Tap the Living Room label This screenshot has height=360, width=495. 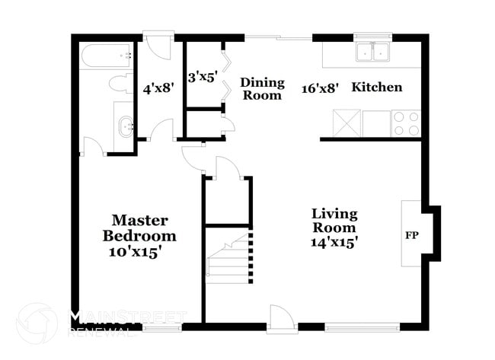[x=334, y=220]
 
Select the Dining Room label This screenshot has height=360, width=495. [x=262, y=88]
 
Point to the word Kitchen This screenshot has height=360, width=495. [x=377, y=87]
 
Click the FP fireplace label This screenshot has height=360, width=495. [x=412, y=235]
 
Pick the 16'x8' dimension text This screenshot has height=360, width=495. [x=320, y=88]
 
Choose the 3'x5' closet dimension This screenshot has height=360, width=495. [x=203, y=77]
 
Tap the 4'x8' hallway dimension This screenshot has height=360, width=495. [x=158, y=88]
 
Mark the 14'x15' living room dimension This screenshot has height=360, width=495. [x=334, y=242]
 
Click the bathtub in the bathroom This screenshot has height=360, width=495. [x=106, y=56]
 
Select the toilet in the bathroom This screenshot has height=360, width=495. [x=121, y=83]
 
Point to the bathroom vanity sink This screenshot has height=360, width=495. [x=126, y=127]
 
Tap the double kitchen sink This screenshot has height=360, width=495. [x=373, y=52]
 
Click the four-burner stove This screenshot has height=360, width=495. [x=406, y=123]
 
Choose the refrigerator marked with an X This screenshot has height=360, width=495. [x=346, y=123]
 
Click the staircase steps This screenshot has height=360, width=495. [x=228, y=259]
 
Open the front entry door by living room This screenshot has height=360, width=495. [x=282, y=319]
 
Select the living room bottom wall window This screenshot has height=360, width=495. [x=362, y=327]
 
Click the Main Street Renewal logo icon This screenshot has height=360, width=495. [x=37, y=323]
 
